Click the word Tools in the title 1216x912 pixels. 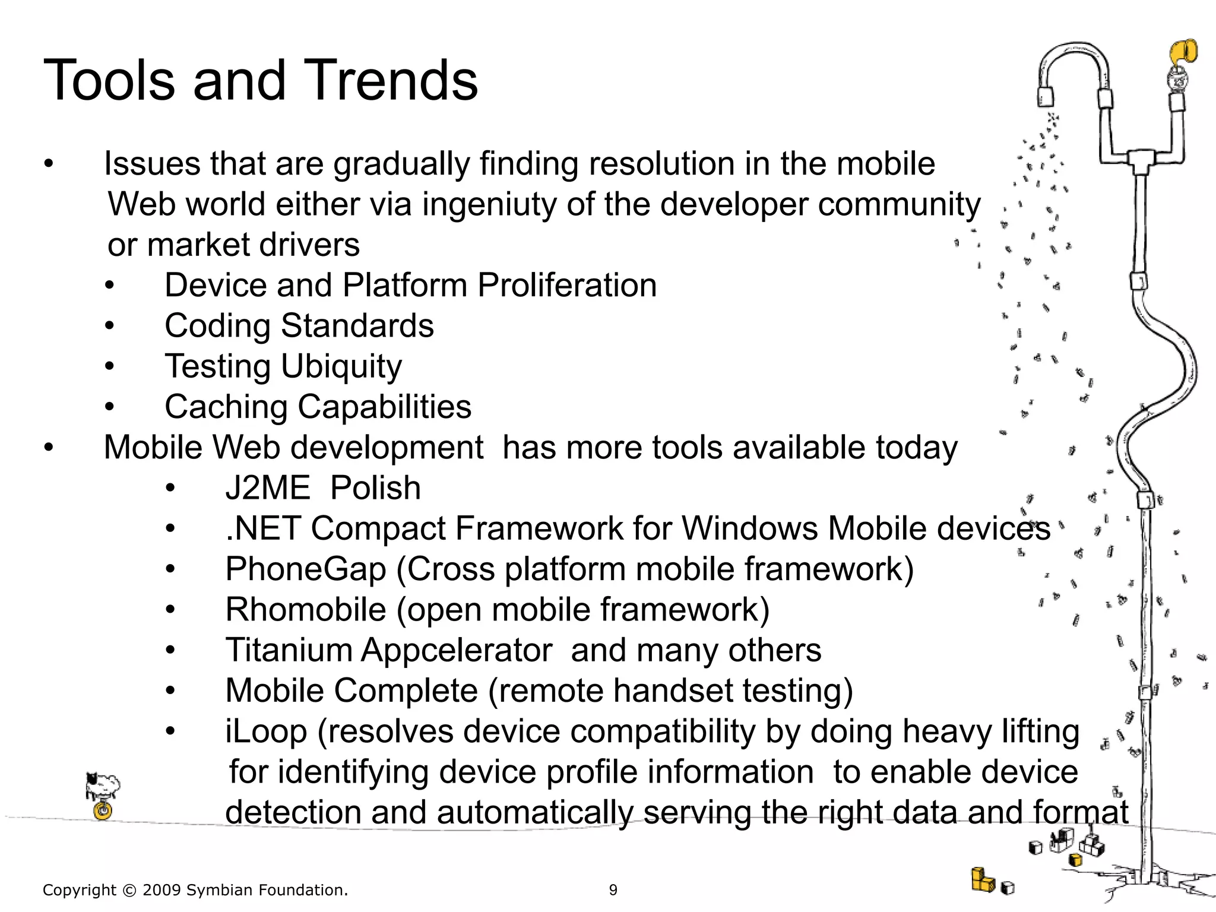(x=109, y=80)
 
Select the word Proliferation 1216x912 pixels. (x=567, y=286)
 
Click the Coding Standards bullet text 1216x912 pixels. (x=299, y=326)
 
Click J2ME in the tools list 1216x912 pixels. (x=267, y=488)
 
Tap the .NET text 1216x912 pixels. (x=263, y=528)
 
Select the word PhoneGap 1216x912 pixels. (x=305, y=569)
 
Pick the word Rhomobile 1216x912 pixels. (x=305, y=610)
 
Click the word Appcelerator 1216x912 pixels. (x=456, y=650)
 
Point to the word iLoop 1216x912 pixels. (x=265, y=731)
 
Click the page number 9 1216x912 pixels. (x=613, y=890)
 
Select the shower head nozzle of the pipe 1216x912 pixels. (x=1046, y=97)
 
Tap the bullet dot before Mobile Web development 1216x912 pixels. (x=49, y=448)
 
